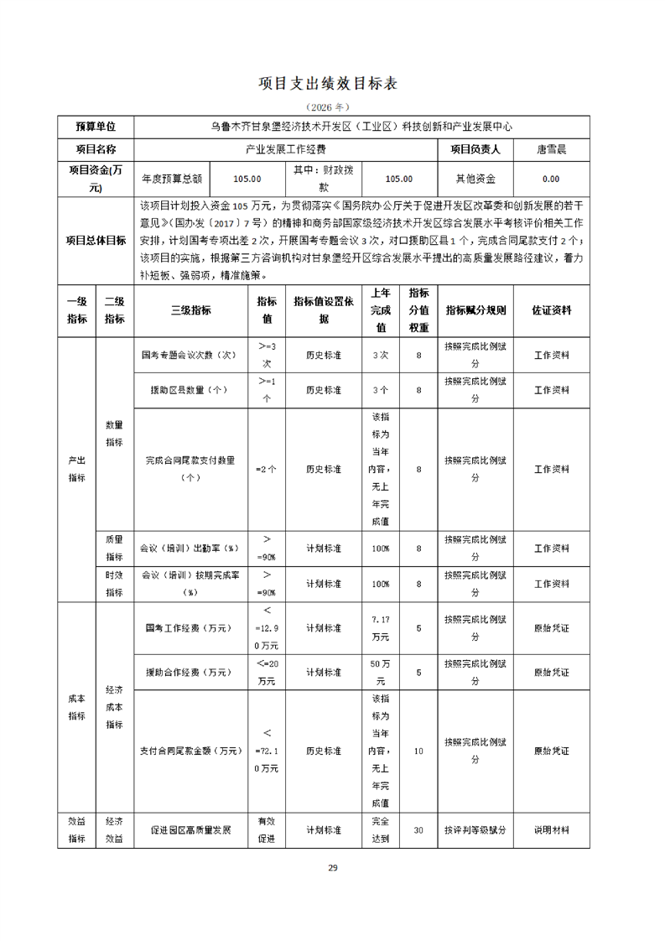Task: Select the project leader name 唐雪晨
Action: click(x=551, y=149)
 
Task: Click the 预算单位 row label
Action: click(x=96, y=127)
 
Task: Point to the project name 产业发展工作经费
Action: click(x=285, y=149)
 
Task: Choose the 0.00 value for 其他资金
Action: click(x=551, y=179)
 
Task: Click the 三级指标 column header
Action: click(x=190, y=310)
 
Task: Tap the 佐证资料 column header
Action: click(x=551, y=310)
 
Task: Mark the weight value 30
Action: click(x=418, y=830)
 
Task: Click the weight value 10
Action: click(x=418, y=751)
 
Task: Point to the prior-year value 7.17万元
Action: click(x=380, y=627)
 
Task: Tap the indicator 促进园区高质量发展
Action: click(x=190, y=830)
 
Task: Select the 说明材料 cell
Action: click(x=551, y=830)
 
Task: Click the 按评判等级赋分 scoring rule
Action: click(x=475, y=830)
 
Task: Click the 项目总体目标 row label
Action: click(x=96, y=241)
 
